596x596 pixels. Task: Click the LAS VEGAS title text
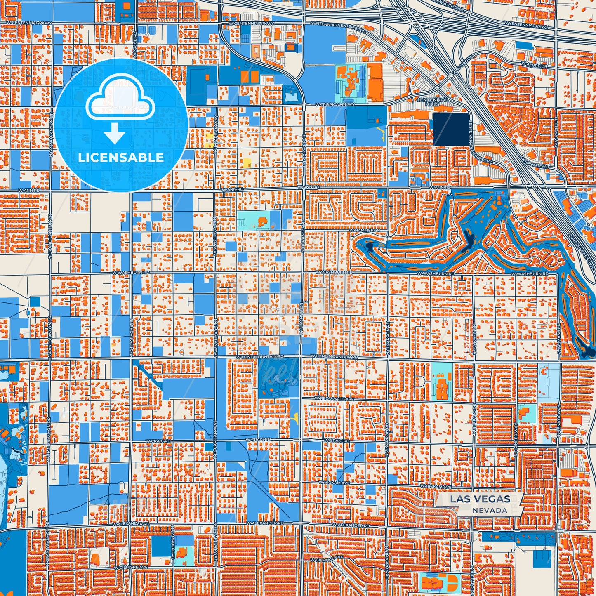[480, 499]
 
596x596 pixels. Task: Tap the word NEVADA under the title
[490, 510]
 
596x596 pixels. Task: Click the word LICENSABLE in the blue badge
[121, 158]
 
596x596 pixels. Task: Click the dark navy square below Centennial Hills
[451, 129]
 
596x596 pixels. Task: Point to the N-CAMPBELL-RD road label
[173, 540]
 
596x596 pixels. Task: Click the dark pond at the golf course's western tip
[368, 247]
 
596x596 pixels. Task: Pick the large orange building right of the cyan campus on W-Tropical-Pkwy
[375, 82]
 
